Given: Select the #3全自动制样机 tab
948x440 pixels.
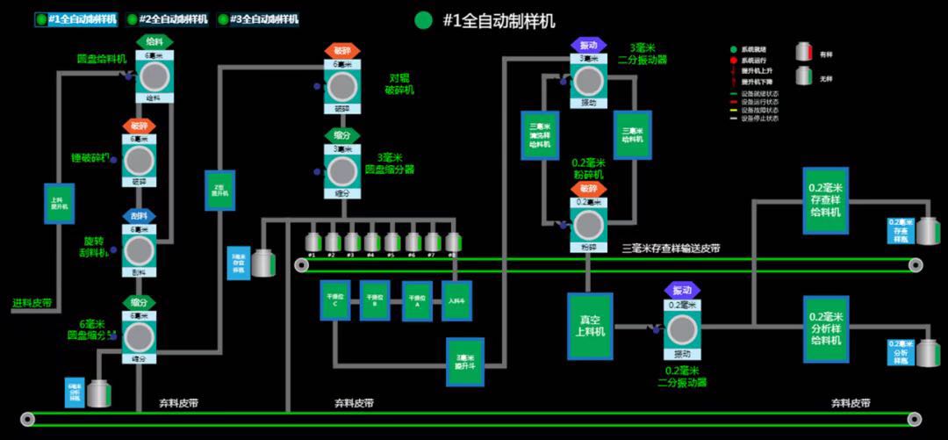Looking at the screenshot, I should pyautogui.click(x=258, y=18).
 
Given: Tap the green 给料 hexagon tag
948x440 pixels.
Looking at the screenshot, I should pyautogui.click(x=154, y=41).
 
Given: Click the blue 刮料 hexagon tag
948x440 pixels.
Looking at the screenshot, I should pyautogui.click(x=139, y=215).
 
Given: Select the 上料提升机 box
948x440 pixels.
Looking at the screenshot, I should pyautogui.click(x=58, y=209).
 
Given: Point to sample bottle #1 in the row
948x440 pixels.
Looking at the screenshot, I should pyautogui.click(x=312, y=242).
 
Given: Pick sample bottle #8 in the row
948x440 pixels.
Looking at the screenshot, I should pyautogui.click(x=453, y=242).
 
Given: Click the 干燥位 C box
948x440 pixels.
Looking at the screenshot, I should pyautogui.click(x=334, y=300).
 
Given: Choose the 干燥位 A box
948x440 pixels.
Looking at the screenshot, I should pyautogui.click(x=417, y=300).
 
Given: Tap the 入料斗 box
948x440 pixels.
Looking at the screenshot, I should pyautogui.click(x=456, y=300).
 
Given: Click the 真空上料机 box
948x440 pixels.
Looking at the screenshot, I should pyautogui.click(x=590, y=326).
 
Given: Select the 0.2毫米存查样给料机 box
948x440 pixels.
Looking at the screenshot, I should pyautogui.click(x=825, y=200).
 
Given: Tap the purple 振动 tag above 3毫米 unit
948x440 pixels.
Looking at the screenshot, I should pyautogui.click(x=588, y=45).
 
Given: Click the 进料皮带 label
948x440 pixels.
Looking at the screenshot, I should pyautogui.click(x=32, y=304).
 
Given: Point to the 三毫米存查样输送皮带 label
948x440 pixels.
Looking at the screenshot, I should pyautogui.click(x=671, y=249).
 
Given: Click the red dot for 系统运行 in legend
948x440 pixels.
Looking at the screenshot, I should pyautogui.click(x=733, y=60).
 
